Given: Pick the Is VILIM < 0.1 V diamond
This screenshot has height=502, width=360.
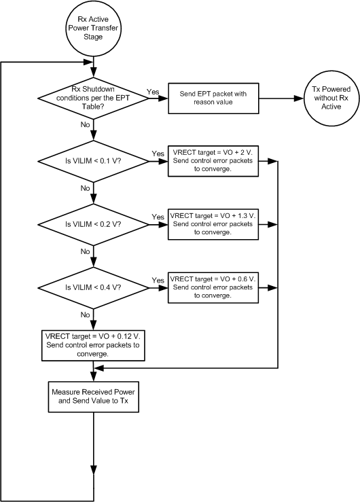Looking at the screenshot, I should (92, 161).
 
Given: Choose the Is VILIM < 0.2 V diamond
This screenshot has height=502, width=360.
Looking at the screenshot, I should (92, 223).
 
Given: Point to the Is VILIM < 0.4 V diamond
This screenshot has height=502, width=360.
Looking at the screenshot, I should (92, 287).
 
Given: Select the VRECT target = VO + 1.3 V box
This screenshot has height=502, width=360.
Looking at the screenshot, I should (213, 223).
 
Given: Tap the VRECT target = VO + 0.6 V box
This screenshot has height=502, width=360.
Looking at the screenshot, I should (213, 287).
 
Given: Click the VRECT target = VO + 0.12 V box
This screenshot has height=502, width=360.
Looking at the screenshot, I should (92, 344).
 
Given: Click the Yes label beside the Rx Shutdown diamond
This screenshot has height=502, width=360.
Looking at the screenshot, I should (153, 91).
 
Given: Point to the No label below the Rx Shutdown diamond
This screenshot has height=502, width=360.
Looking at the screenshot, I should (86, 125).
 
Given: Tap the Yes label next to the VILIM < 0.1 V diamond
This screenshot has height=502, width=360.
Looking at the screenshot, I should (158, 154).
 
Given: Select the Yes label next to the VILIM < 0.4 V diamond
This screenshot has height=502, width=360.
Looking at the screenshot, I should (158, 280).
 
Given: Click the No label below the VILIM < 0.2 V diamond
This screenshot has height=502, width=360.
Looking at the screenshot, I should (86, 251).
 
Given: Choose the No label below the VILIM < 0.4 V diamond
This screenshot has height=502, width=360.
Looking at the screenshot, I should (86, 315).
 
